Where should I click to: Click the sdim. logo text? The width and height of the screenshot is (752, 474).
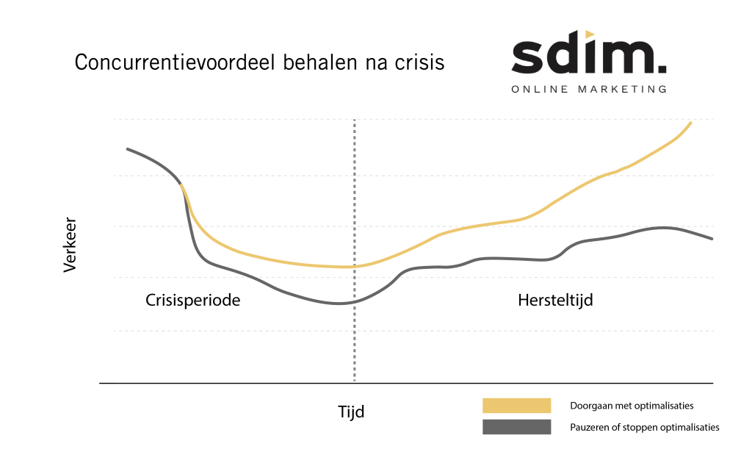588,57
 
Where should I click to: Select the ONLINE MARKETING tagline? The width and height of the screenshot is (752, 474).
589,89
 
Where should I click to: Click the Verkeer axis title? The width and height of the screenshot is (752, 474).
70,245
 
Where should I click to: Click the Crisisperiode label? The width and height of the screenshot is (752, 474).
192,301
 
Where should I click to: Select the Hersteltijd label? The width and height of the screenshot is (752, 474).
555,301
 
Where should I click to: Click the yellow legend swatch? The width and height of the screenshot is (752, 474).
516,406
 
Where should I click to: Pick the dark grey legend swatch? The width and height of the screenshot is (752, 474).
516,427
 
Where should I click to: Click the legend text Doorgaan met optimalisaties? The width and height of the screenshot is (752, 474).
632,406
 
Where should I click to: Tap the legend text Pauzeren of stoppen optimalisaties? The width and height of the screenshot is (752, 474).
644,427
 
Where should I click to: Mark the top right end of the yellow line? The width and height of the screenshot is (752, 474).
691,122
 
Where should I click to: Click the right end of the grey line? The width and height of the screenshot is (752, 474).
712,239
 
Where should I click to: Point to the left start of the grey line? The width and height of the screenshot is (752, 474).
128,149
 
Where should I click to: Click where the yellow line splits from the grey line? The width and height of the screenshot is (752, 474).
181,185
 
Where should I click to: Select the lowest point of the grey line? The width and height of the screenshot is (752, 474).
339,304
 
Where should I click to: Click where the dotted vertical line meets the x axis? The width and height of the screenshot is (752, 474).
355,383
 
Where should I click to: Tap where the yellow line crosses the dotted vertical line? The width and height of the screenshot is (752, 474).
355,266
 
